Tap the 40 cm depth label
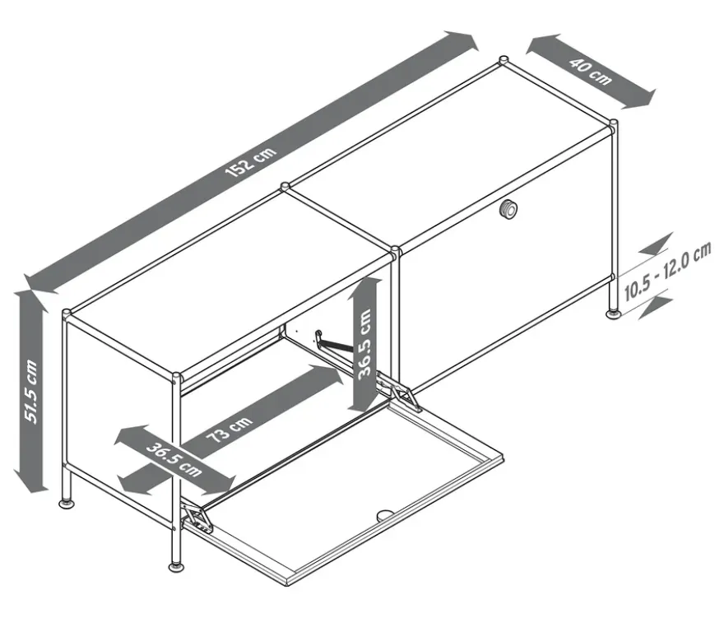coord(590,72)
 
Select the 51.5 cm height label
coord(31,391)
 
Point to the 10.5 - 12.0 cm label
coord(667,272)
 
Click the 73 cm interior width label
coord(229,428)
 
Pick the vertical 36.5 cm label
coord(364,343)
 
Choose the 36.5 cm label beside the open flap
coord(174,460)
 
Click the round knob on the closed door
coord(508,209)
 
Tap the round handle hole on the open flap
coord(385,514)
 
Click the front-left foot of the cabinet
coord(176,566)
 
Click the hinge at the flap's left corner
coord(198,518)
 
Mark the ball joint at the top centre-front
coord(395,251)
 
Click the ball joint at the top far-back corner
coord(504,61)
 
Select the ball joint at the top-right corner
coord(613,125)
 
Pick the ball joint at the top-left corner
coord(67,314)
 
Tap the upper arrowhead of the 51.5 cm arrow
coord(30,295)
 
